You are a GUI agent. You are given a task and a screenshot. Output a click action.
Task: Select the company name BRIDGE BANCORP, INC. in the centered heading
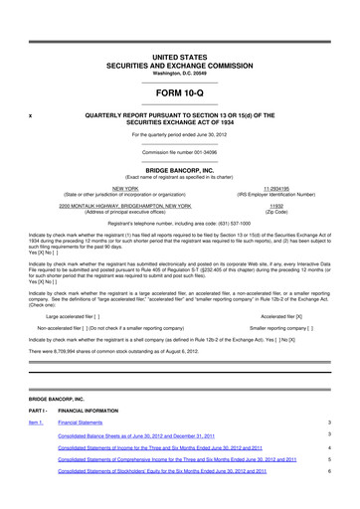[180, 169]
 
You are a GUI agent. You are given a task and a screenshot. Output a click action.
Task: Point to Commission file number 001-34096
[180, 151]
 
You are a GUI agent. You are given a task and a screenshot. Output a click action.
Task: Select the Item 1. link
[37, 422]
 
